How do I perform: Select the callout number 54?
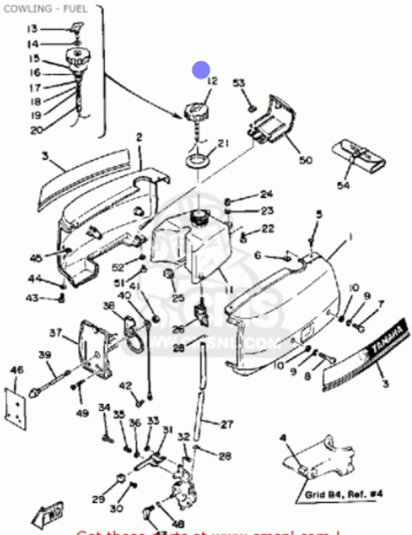tap(343, 185)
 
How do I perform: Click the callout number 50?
tap(306, 160)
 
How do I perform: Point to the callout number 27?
tap(227, 424)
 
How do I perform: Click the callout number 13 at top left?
tap(32, 29)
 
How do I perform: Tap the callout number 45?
tap(36, 258)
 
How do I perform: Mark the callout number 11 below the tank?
tap(229, 290)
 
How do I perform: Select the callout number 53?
tap(239, 83)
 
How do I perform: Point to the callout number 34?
tap(104, 407)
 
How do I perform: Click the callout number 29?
tap(98, 500)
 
